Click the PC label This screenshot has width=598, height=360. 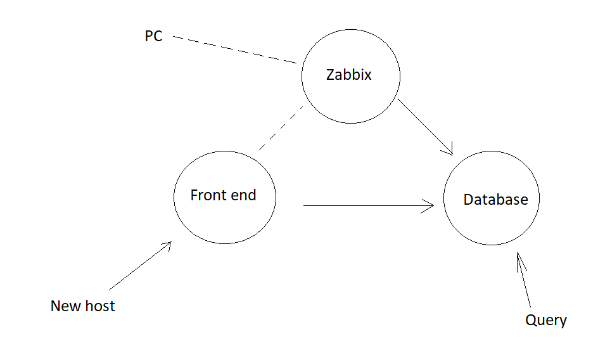(x=153, y=37)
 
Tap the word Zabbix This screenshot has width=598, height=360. (x=348, y=75)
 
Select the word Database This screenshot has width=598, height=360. (x=495, y=200)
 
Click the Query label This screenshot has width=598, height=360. (x=545, y=320)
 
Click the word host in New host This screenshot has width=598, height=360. (x=99, y=306)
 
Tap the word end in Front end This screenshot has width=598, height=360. (x=245, y=195)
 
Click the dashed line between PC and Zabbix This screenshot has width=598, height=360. (x=234, y=50)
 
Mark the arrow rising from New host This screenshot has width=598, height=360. (x=139, y=266)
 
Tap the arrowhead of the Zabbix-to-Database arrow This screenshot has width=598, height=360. (x=450, y=151)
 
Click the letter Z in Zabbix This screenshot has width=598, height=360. (x=331, y=75)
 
